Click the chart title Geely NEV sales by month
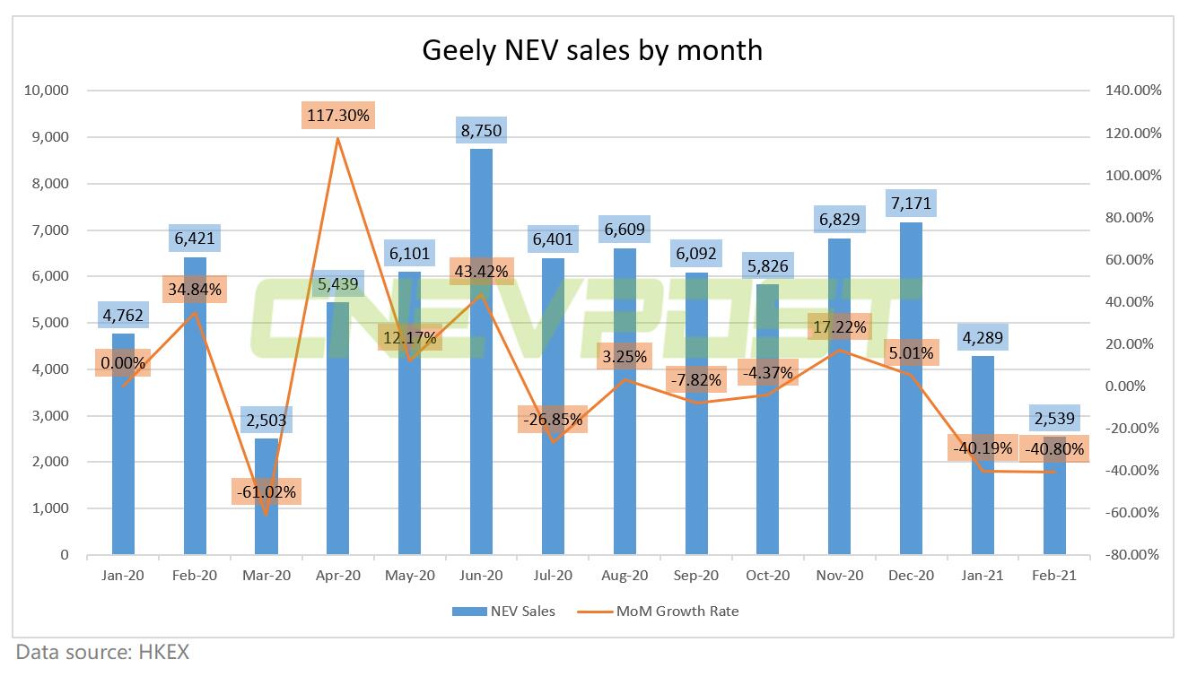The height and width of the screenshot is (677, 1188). click(x=592, y=49)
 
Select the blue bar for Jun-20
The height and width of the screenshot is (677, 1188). click(x=481, y=359)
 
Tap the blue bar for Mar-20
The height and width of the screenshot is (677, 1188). click(x=266, y=502)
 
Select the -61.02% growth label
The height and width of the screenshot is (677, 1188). click(x=266, y=492)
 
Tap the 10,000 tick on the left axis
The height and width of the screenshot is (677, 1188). click(x=49, y=91)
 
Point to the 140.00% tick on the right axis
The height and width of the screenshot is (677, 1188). click(x=1132, y=91)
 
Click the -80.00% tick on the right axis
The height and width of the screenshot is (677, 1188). click(x=1132, y=555)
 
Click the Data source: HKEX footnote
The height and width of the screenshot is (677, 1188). click(x=102, y=652)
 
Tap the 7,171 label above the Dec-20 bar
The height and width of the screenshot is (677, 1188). click(x=911, y=204)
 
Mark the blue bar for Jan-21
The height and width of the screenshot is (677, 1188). click(x=983, y=466)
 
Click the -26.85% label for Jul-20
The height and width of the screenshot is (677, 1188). click(x=553, y=419)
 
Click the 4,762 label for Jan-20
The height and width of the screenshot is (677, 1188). click(x=123, y=316)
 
